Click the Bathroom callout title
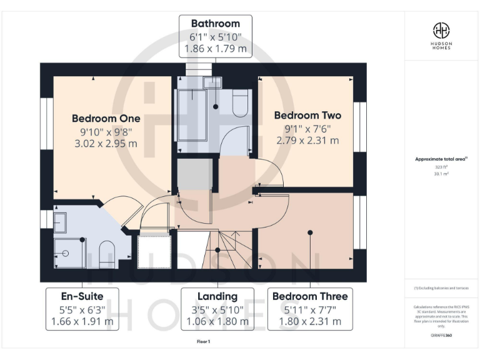216,24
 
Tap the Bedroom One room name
106,118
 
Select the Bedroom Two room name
307,116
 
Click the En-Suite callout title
82,296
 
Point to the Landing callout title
217,296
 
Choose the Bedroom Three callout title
307,296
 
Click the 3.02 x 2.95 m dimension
106,144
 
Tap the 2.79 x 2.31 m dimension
307,141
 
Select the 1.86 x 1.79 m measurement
216,48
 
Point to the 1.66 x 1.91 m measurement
82,322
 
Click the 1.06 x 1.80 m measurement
217,322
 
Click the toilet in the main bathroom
241,105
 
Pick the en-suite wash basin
60,222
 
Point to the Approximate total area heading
441,159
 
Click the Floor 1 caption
204,342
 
